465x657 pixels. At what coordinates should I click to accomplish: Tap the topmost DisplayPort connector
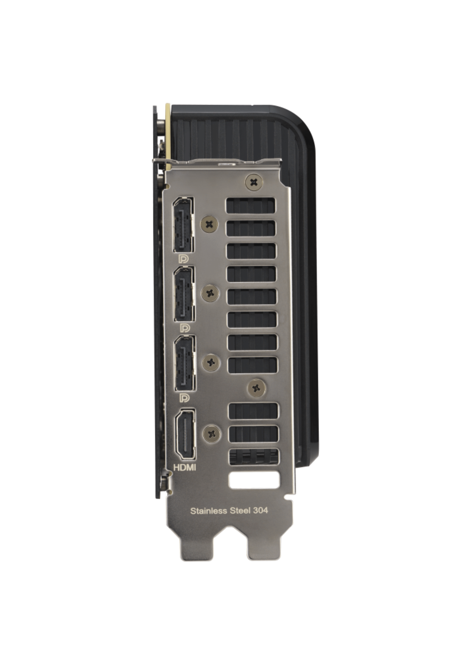click(183, 225)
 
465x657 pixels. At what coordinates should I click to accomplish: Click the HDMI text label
click(185, 468)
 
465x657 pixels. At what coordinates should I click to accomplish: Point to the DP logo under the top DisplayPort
click(183, 259)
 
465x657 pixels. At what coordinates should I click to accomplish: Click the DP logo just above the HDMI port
click(185, 397)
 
